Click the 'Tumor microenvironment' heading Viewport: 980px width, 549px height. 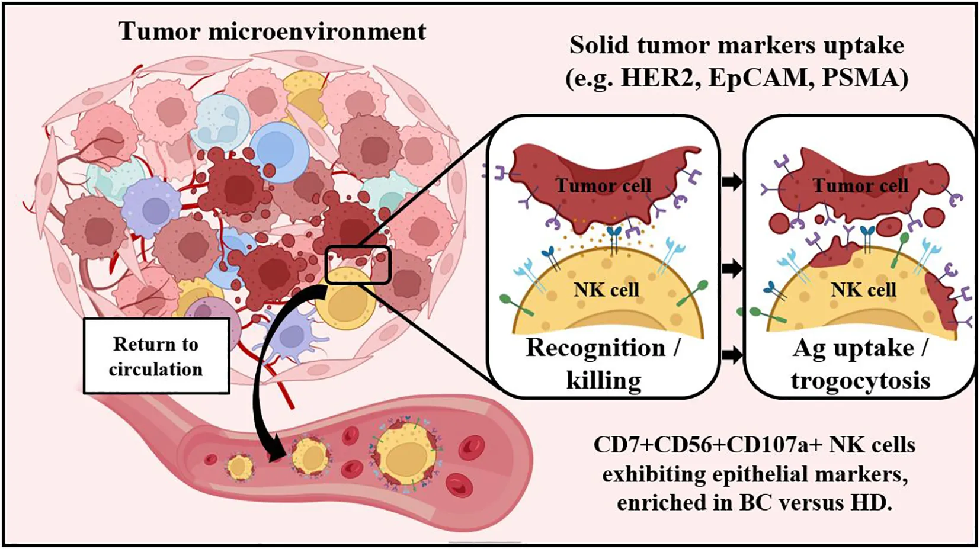272,31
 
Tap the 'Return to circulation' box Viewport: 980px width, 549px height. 156,356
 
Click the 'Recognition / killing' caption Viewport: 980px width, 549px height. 603,363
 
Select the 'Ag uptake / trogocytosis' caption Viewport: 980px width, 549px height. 860,364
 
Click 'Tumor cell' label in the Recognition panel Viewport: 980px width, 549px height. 603,186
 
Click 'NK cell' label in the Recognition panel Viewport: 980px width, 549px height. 606,290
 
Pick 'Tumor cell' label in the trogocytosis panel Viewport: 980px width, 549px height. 860,186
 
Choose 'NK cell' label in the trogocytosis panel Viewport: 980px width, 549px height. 863,290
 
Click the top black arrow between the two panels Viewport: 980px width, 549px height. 733,182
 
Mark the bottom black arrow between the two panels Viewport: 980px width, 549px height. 733,355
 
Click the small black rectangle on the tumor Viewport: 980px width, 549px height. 358,265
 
